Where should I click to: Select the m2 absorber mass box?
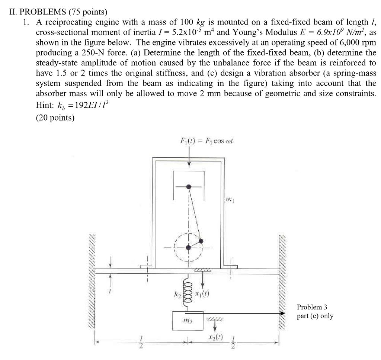[188, 321]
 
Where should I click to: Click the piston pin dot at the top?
[189, 186]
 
